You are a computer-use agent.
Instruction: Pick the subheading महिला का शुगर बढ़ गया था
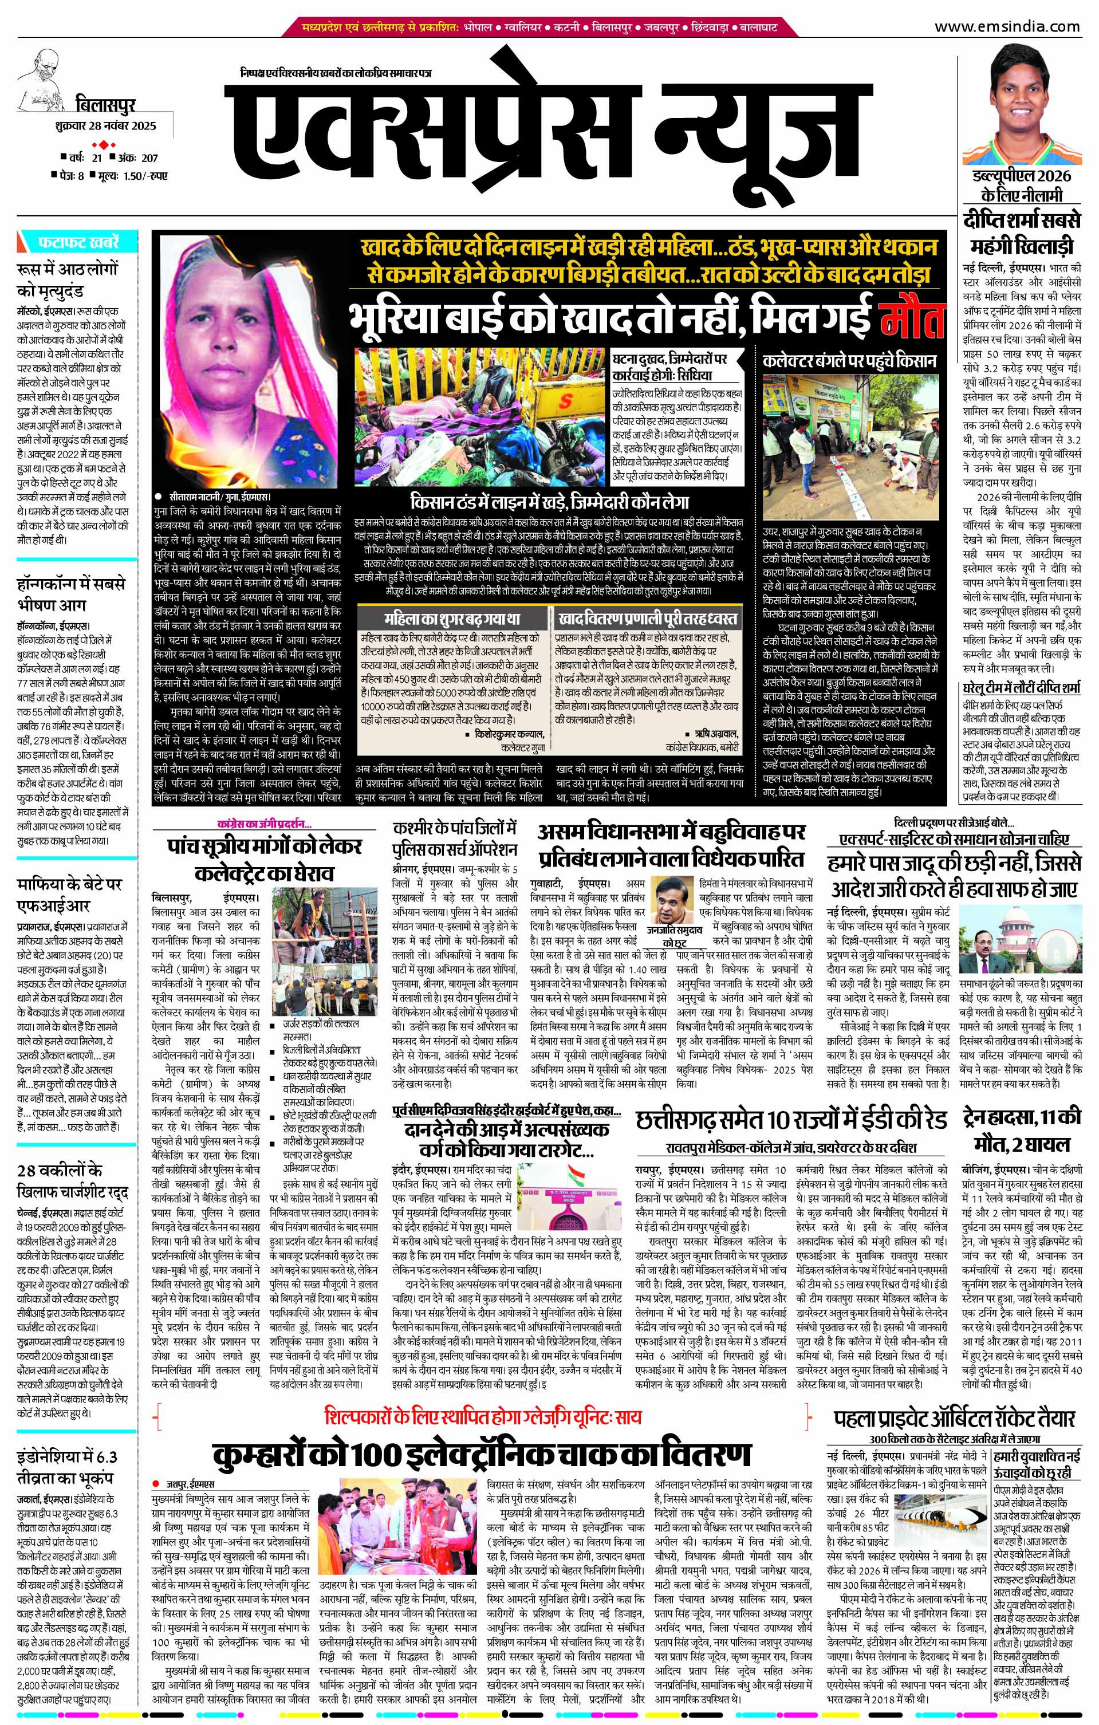(x=451, y=618)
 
